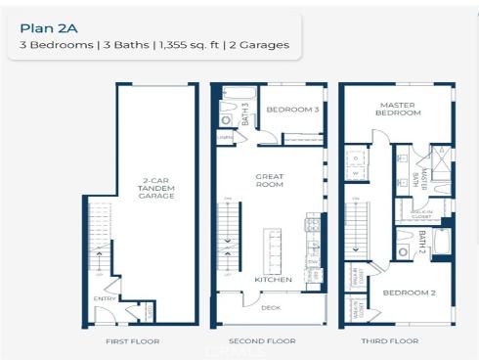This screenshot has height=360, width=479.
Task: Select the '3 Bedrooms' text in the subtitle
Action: pos(51,45)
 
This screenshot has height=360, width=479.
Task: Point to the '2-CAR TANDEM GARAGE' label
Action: pos(156,188)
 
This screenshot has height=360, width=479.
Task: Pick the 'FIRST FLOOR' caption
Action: pos(132,341)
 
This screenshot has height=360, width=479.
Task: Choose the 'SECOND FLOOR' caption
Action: pos(262,341)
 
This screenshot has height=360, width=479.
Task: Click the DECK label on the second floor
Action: pos(271,307)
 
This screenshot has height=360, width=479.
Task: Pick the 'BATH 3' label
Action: pos(245,112)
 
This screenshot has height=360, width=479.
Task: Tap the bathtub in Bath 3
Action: pos(235,95)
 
